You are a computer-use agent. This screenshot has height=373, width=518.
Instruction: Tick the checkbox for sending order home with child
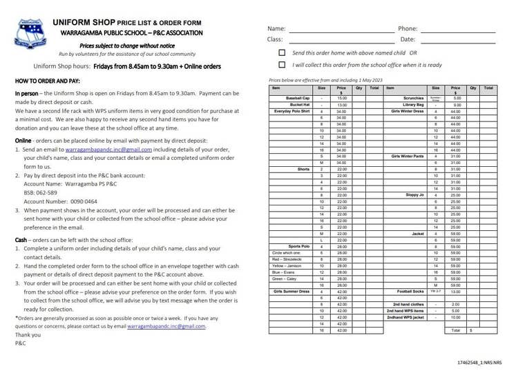point(282,52)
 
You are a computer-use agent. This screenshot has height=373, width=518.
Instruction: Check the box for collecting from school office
point(282,65)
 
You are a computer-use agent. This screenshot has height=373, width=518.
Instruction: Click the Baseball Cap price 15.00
point(341,99)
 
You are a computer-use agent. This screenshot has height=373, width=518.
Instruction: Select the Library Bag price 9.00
point(457,105)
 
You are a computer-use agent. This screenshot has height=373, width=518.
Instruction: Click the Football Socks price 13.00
point(457,292)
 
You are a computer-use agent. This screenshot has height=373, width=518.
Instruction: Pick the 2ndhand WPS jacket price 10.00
point(457,318)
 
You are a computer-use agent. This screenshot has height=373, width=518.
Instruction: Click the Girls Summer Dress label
point(292,292)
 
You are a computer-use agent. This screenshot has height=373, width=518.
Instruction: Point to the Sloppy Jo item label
point(415,195)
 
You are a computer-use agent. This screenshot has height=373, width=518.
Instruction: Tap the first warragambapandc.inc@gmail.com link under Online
point(99,149)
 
